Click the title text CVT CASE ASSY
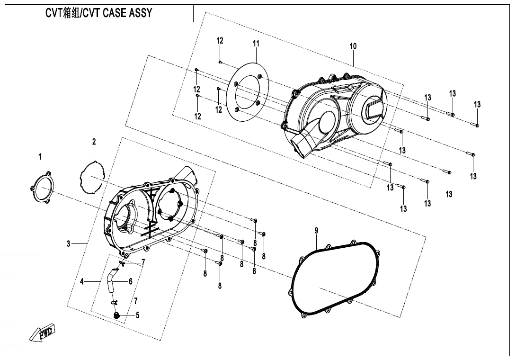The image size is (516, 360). click(98, 13)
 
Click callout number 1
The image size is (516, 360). click(40, 156)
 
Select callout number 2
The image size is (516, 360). click(94, 142)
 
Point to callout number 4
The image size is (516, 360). click(81, 281)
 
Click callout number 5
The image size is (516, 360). click(138, 315)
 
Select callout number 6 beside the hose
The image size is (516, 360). click(130, 281)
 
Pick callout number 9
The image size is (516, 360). click(316, 231)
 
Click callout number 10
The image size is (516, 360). click(353, 46)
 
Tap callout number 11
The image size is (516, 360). click(256, 44)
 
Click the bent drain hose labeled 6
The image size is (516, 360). click(111, 279)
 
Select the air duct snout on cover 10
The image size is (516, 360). click(303, 142)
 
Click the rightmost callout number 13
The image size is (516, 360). click(477, 104)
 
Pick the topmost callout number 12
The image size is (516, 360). click(220, 41)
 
